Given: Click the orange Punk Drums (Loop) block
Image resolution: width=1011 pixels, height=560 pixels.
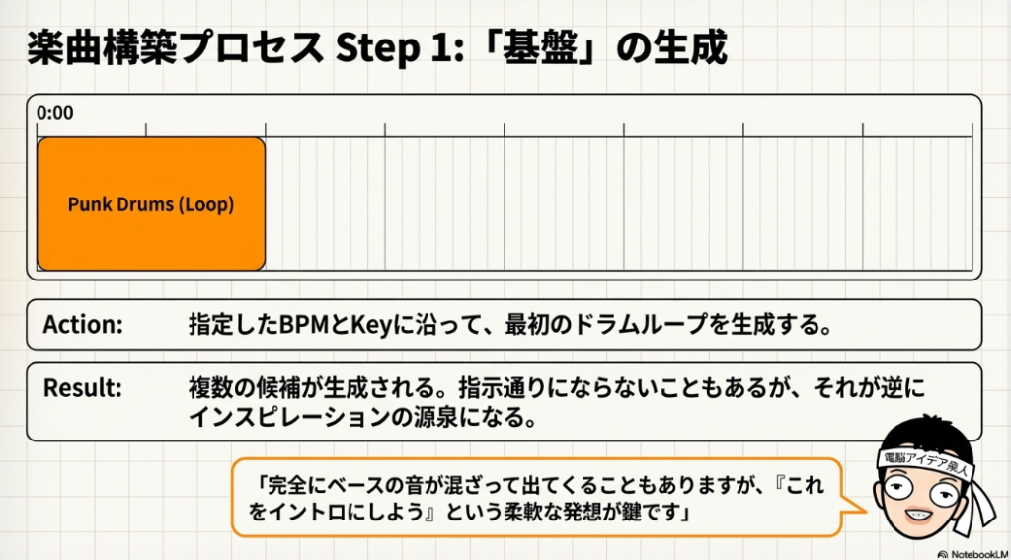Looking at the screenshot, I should tap(151, 204).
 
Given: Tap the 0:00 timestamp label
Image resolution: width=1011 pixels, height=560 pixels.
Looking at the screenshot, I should tap(55, 113).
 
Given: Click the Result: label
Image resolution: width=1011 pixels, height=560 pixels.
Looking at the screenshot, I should tap(82, 388).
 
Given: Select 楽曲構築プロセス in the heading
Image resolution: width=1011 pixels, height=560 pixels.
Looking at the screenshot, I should tap(176, 47).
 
